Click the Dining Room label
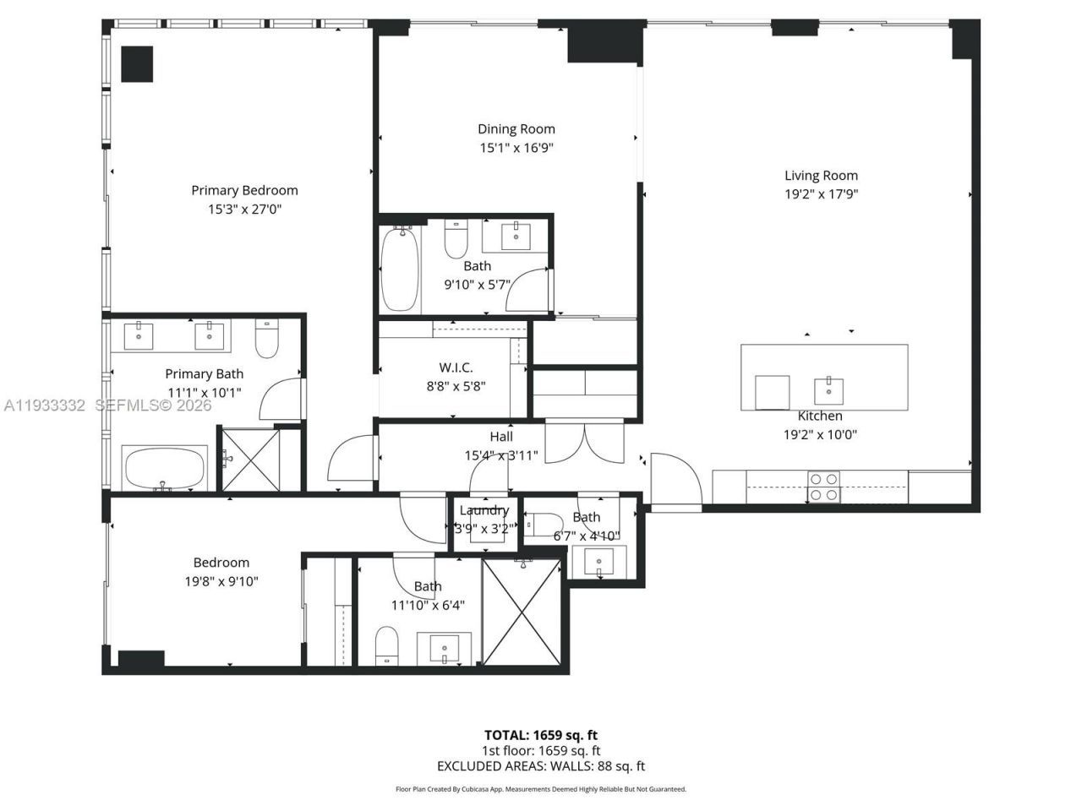click(x=516, y=129)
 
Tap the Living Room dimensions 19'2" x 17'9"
click(x=821, y=194)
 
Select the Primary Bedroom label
click(x=244, y=191)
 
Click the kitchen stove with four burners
click(x=823, y=487)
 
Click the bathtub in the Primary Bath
click(x=165, y=469)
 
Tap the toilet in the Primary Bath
click(x=267, y=337)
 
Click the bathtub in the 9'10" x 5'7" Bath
click(x=399, y=269)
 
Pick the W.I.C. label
click(x=456, y=367)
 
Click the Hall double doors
click(x=584, y=439)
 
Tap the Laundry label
click(x=484, y=510)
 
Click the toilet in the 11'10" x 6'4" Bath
click(x=386, y=645)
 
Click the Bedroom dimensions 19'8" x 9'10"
click(x=221, y=581)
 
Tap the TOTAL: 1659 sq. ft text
click(x=541, y=735)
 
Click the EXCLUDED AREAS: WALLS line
click(x=541, y=766)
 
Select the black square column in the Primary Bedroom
click(x=136, y=64)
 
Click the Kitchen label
click(x=820, y=416)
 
